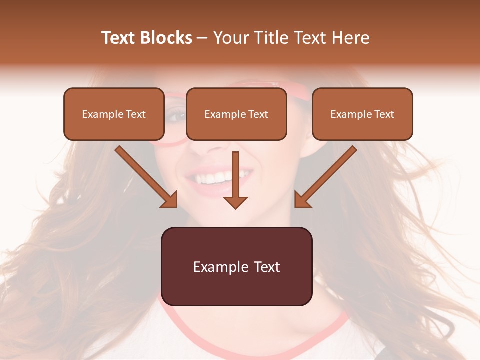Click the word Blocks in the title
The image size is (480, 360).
tap(166, 38)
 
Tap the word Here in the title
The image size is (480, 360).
tap(350, 38)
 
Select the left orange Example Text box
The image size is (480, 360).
tap(114, 114)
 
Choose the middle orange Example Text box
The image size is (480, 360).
tap(236, 114)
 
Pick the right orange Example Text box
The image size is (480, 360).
tap(362, 114)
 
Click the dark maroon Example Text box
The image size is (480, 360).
tap(236, 266)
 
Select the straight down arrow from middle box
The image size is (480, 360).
tap(235, 177)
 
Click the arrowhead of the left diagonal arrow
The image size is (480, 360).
tap(170, 200)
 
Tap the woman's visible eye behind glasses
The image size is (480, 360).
tap(176, 116)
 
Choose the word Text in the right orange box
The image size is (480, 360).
tap(384, 114)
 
